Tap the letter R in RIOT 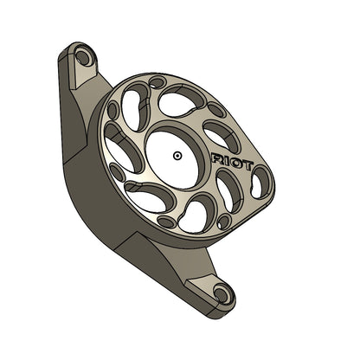point(217,157)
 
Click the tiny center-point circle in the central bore point(177,156)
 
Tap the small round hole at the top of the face point(157,83)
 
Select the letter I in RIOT point(226,159)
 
